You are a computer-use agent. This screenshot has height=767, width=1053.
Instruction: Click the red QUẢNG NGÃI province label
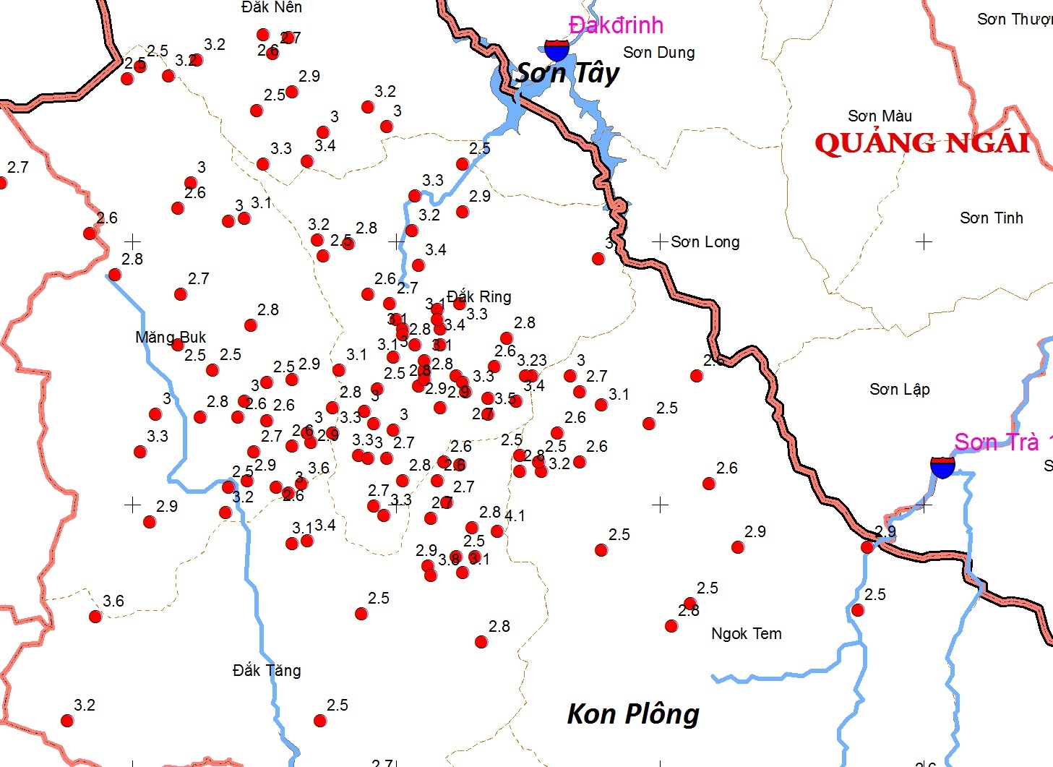pyautogui.click(x=922, y=143)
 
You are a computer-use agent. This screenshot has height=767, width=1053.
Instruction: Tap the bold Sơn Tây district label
pyautogui.click(x=568, y=73)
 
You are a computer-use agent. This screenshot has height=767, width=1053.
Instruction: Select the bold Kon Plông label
pyautogui.click(x=633, y=714)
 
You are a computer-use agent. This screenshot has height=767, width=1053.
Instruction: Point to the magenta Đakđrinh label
pyautogui.click(x=616, y=25)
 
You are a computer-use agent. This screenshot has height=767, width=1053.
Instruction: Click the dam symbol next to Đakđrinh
pyautogui.click(x=556, y=50)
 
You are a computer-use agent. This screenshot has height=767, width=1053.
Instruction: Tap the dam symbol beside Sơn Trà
pyautogui.click(x=942, y=466)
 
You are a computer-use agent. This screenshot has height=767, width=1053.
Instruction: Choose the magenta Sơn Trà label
pyautogui.click(x=997, y=442)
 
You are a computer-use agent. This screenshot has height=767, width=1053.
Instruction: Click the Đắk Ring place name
pyautogui.click(x=479, y=296)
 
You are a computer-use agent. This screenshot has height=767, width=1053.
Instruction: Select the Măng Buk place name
pyautogui.click(x=171, y=337)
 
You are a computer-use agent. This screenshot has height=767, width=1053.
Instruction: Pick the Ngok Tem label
pyautogui.click(x=747, y=634)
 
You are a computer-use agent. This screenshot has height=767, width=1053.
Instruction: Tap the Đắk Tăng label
pyautogui.click(x=267, y=671)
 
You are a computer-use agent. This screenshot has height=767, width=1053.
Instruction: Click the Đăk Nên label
pyautogui.click(x=272, y=7)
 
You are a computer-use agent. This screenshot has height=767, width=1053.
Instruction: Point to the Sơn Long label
pyautogui.click(x=705, y=242)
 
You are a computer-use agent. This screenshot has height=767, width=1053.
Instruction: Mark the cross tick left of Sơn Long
pyautogui.click(x=659, y=241)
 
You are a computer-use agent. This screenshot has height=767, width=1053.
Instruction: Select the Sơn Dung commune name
pyautogui.click(x=659, y=53)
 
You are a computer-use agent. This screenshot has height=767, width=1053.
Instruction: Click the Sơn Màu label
pyautogui.click(x=880, y=116)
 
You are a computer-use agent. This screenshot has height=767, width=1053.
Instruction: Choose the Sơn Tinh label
pyautogui.click(x=992, y=218)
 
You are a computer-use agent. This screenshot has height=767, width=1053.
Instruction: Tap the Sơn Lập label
pyautogui.click(x=900, y=390)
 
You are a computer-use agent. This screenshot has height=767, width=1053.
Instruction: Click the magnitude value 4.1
pyautogui.click(x=515, y=515)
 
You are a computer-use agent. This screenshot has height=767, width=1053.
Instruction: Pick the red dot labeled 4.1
pyautogui.click(x=497, y=531)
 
